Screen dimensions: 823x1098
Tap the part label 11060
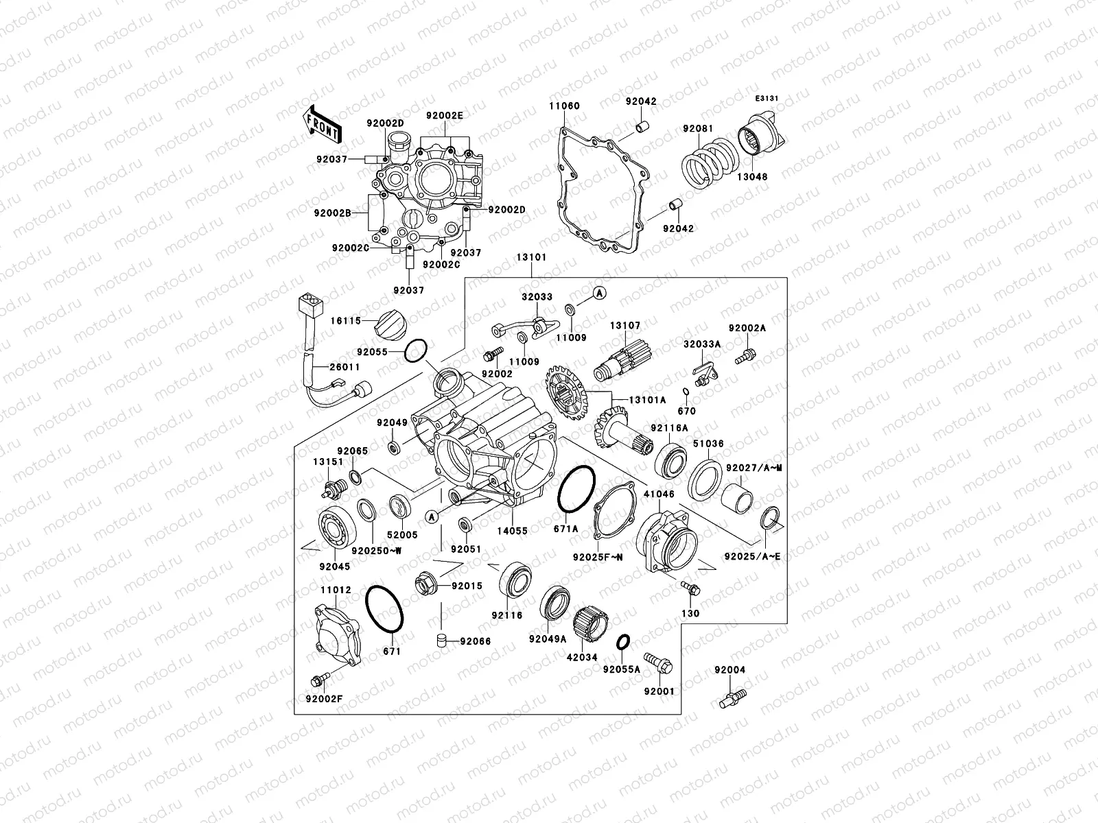563,106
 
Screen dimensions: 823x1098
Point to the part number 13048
753,176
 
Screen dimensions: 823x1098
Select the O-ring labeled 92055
416,351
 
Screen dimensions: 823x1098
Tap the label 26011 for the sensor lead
344,368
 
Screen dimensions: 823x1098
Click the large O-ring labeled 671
386,610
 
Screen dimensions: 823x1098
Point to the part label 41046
659,493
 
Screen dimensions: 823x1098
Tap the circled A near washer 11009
599,294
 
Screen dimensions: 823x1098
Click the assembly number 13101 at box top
531,259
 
